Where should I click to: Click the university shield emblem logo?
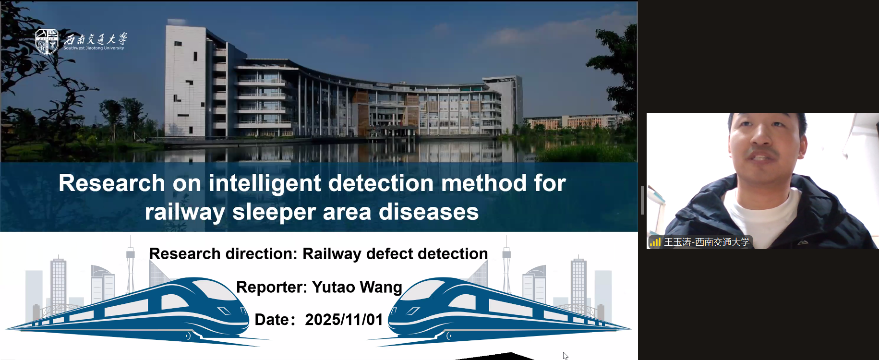(x=47, y=41)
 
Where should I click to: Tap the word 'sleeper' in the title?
(x=274, y=212)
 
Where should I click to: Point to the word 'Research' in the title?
(x=112, y=183)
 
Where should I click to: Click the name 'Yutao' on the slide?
(x=334, y=287)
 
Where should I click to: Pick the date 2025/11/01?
(x=344, y=320)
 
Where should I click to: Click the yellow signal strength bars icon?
(x=655, y=242)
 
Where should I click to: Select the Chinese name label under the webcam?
(x=707, y=242)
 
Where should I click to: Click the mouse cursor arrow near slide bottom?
(x=566, y=356)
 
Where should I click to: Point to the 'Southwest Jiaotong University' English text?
(x=94, y=48)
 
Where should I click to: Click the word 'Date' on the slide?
(x=271, y=320)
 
